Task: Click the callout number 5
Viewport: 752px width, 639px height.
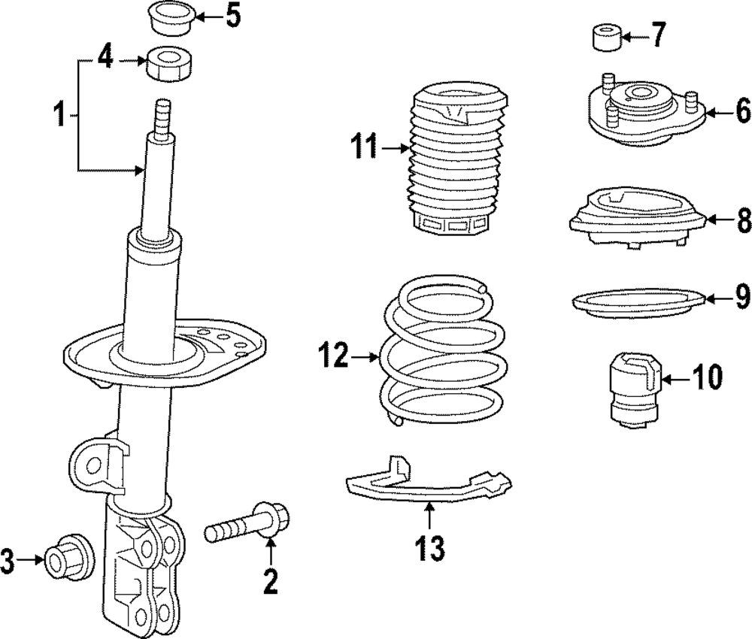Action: [x=233, y=17]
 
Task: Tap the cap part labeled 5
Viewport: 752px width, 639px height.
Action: [x=171, y=20]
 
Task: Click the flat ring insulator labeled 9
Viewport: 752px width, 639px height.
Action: [x=639, y=303]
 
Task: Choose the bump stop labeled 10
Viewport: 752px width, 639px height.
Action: [x=635, y=389]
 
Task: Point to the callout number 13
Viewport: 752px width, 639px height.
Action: [x=430, y=548]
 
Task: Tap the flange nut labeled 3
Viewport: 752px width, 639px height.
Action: [x=69, y=558]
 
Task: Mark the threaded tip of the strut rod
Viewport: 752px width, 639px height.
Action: [x=162, y=120]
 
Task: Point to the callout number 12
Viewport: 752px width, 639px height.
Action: [x=333, y=356]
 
